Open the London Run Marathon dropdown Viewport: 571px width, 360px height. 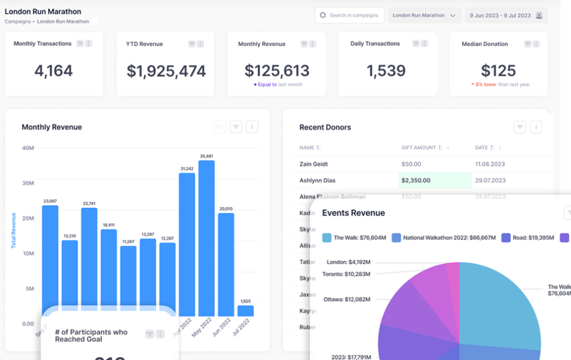coord(424,16)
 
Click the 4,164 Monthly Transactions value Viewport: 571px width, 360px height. coord(54,71)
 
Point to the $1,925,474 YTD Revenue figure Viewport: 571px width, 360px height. coord(166,71)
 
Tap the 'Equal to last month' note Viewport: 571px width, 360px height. coord(278,85)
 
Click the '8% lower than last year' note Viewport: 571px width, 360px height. coord(500,85)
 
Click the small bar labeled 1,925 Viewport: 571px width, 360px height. coord(245,310)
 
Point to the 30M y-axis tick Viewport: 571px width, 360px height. coord(28,183)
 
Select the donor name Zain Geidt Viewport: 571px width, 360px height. coord(313,164)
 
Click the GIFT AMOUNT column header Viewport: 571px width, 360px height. coord(419,148)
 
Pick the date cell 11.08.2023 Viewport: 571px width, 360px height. coord(490,164)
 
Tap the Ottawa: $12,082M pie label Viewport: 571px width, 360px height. coord(347,299)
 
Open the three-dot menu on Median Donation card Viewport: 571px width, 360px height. coord(534,44)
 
